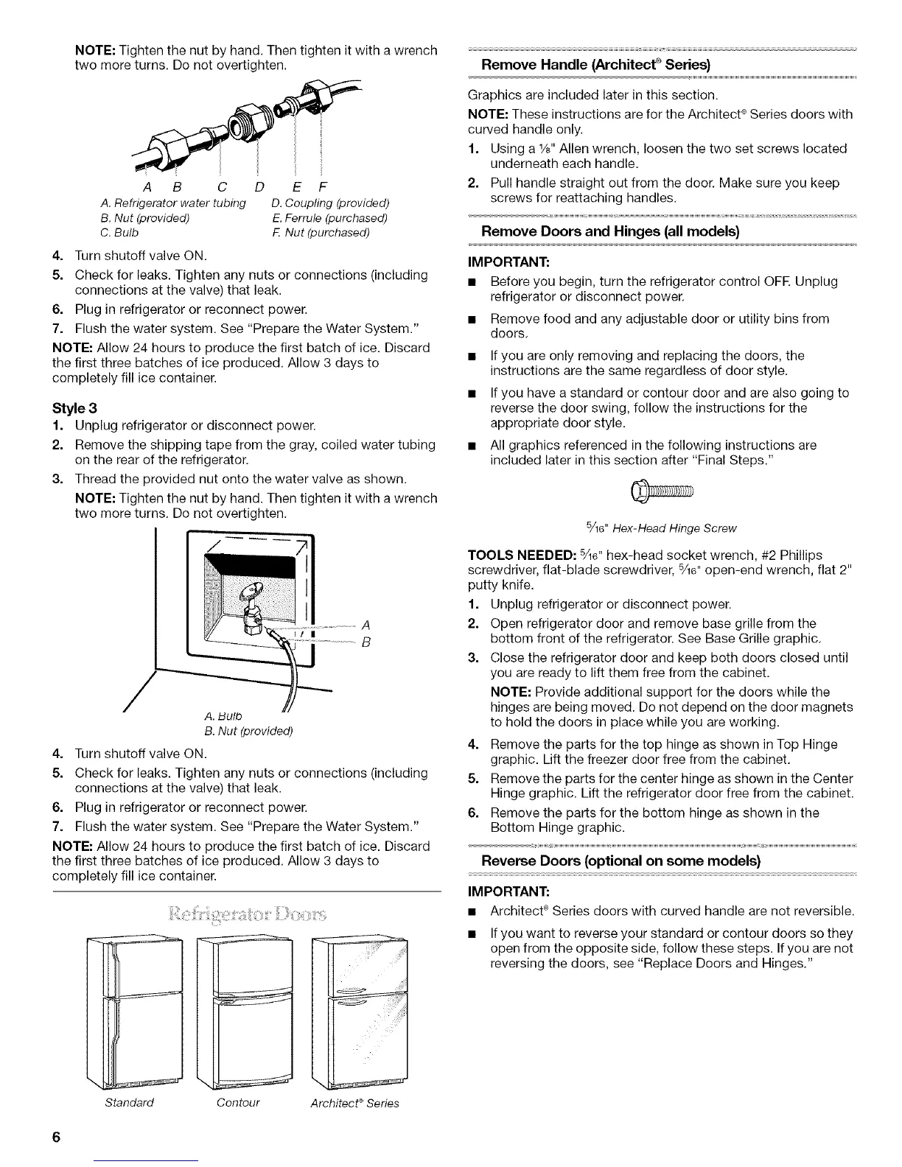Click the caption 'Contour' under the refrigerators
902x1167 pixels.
point(238,1102)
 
